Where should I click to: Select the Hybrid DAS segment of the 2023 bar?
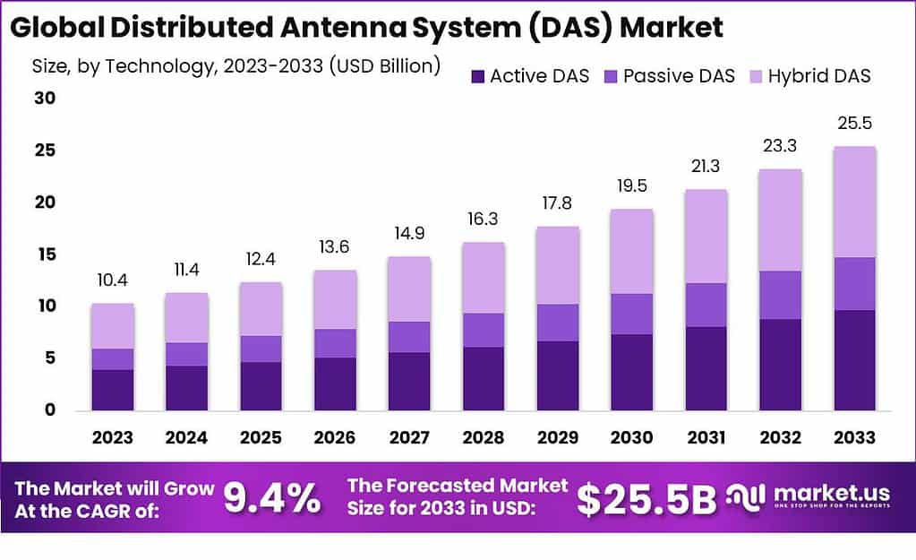point(113,326)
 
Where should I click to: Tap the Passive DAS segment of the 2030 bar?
point(631,314)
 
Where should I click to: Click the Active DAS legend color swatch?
point(476,76)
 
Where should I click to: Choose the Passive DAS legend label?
point(679,76)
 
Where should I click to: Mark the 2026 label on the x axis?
point(334,438)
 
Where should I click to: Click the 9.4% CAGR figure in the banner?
point(271,499)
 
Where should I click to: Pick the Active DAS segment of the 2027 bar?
point(409,381)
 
